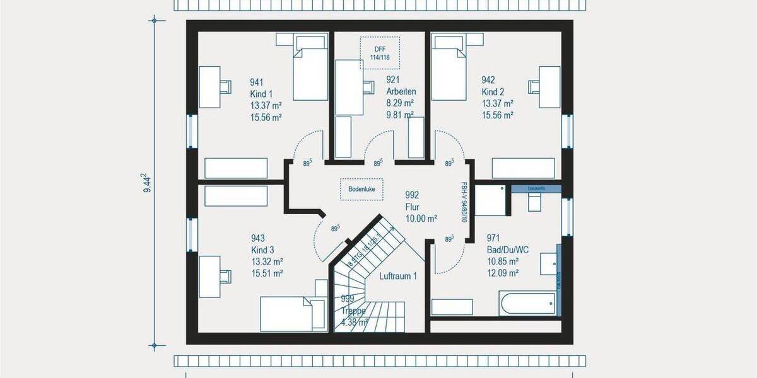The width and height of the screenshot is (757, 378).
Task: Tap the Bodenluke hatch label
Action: [x=361, y=189]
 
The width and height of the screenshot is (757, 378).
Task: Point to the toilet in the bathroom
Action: [x=534, y=201]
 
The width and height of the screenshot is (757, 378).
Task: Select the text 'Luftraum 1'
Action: [x=398, y=276]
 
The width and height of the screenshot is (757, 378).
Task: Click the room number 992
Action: [x=413, y=195]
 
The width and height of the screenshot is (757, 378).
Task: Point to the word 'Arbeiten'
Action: [x=401, y=91]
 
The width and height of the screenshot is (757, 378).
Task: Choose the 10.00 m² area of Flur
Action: [x=421, y=219]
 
